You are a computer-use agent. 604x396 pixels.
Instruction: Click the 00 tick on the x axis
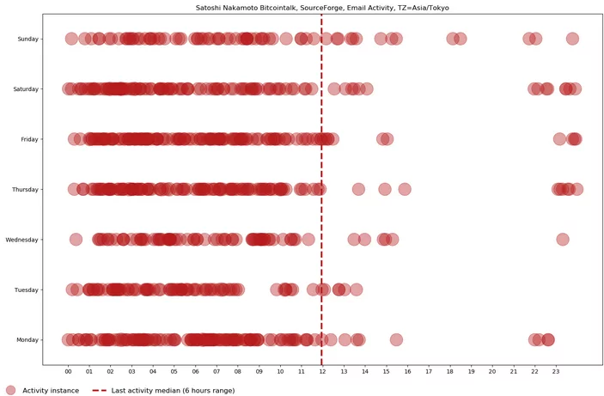pos(69,372)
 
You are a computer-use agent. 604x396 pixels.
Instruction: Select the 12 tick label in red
pos(322,372)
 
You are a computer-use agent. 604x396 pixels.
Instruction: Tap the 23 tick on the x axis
pos(555,372)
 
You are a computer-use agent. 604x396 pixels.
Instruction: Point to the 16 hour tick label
pos(407,372)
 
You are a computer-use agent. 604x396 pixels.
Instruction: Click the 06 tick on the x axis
pos(196,372)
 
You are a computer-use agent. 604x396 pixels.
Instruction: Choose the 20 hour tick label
pos(491,372)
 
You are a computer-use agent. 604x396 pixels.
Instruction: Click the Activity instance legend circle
pos(10,390)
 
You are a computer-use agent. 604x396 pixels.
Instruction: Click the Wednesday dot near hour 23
pos(563,240)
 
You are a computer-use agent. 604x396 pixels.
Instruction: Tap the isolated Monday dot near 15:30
pos(396,339)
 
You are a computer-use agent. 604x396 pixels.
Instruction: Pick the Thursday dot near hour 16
pos(405,189)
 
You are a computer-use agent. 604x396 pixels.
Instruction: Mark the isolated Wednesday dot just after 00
pos(76,240)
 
